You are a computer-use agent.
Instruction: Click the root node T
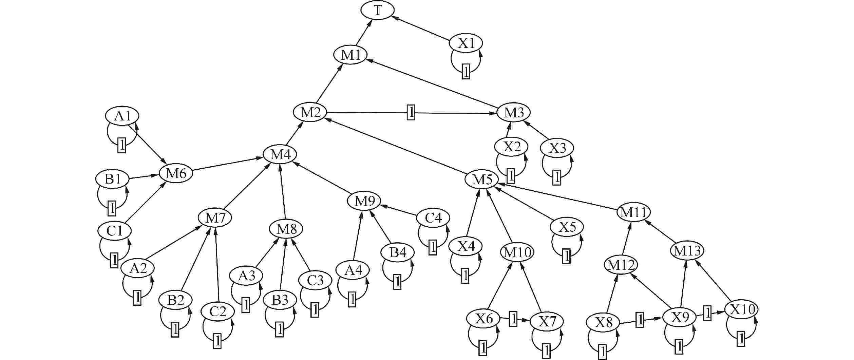(377, 11)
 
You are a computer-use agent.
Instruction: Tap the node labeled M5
(481, 179)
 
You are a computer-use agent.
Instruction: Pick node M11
(633, 212)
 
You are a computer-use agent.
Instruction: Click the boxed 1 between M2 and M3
(411, 112)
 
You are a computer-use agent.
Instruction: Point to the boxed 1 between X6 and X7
(513, 319)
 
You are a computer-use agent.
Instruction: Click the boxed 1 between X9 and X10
(707, 313)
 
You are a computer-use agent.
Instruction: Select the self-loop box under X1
(466, 72)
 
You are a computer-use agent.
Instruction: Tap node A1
(122, 116)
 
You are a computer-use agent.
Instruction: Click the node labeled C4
(434, 218)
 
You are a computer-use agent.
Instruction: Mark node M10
(517, 252)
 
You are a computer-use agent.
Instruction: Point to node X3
(557, 148)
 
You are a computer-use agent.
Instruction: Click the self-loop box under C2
(217, 341)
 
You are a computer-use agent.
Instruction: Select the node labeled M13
(687, 251)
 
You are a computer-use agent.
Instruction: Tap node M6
(176, 174)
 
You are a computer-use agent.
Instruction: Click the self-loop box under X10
(741, 339)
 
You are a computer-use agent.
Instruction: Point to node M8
(286, 229)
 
